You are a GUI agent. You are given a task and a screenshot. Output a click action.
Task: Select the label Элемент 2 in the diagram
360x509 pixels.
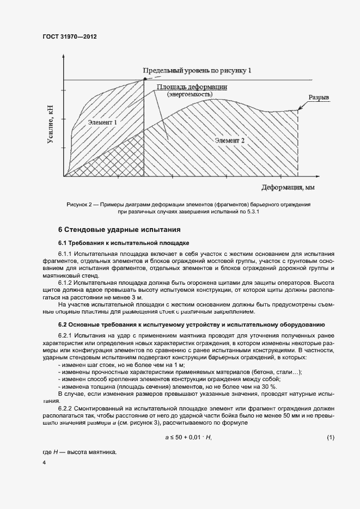pyautogui.click(x=229, y=140)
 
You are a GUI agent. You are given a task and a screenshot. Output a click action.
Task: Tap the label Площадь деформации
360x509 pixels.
pyautogui.click(x=192, y=87)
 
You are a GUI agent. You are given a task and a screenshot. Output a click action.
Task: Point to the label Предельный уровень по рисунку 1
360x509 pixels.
pyautogui.click(x=197, y=71)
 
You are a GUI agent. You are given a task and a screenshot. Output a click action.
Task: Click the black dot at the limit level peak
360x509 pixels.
pyautogui.click(x=144, y=79)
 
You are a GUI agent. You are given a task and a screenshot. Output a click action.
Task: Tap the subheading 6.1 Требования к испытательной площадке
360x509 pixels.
pyautogui.click(x=123, y=242)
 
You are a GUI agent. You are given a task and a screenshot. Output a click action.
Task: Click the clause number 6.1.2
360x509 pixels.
pyautogui.click(x=65, y=283)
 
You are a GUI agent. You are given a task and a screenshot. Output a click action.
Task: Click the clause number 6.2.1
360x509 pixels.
pyautogui.click(x=65, y=336)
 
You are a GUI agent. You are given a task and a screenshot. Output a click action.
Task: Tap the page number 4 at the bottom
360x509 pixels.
pyautogui.click(x=44, y=462)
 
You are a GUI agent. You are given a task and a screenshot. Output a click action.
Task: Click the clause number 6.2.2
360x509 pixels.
pyautogui.click(x=65, y=407)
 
